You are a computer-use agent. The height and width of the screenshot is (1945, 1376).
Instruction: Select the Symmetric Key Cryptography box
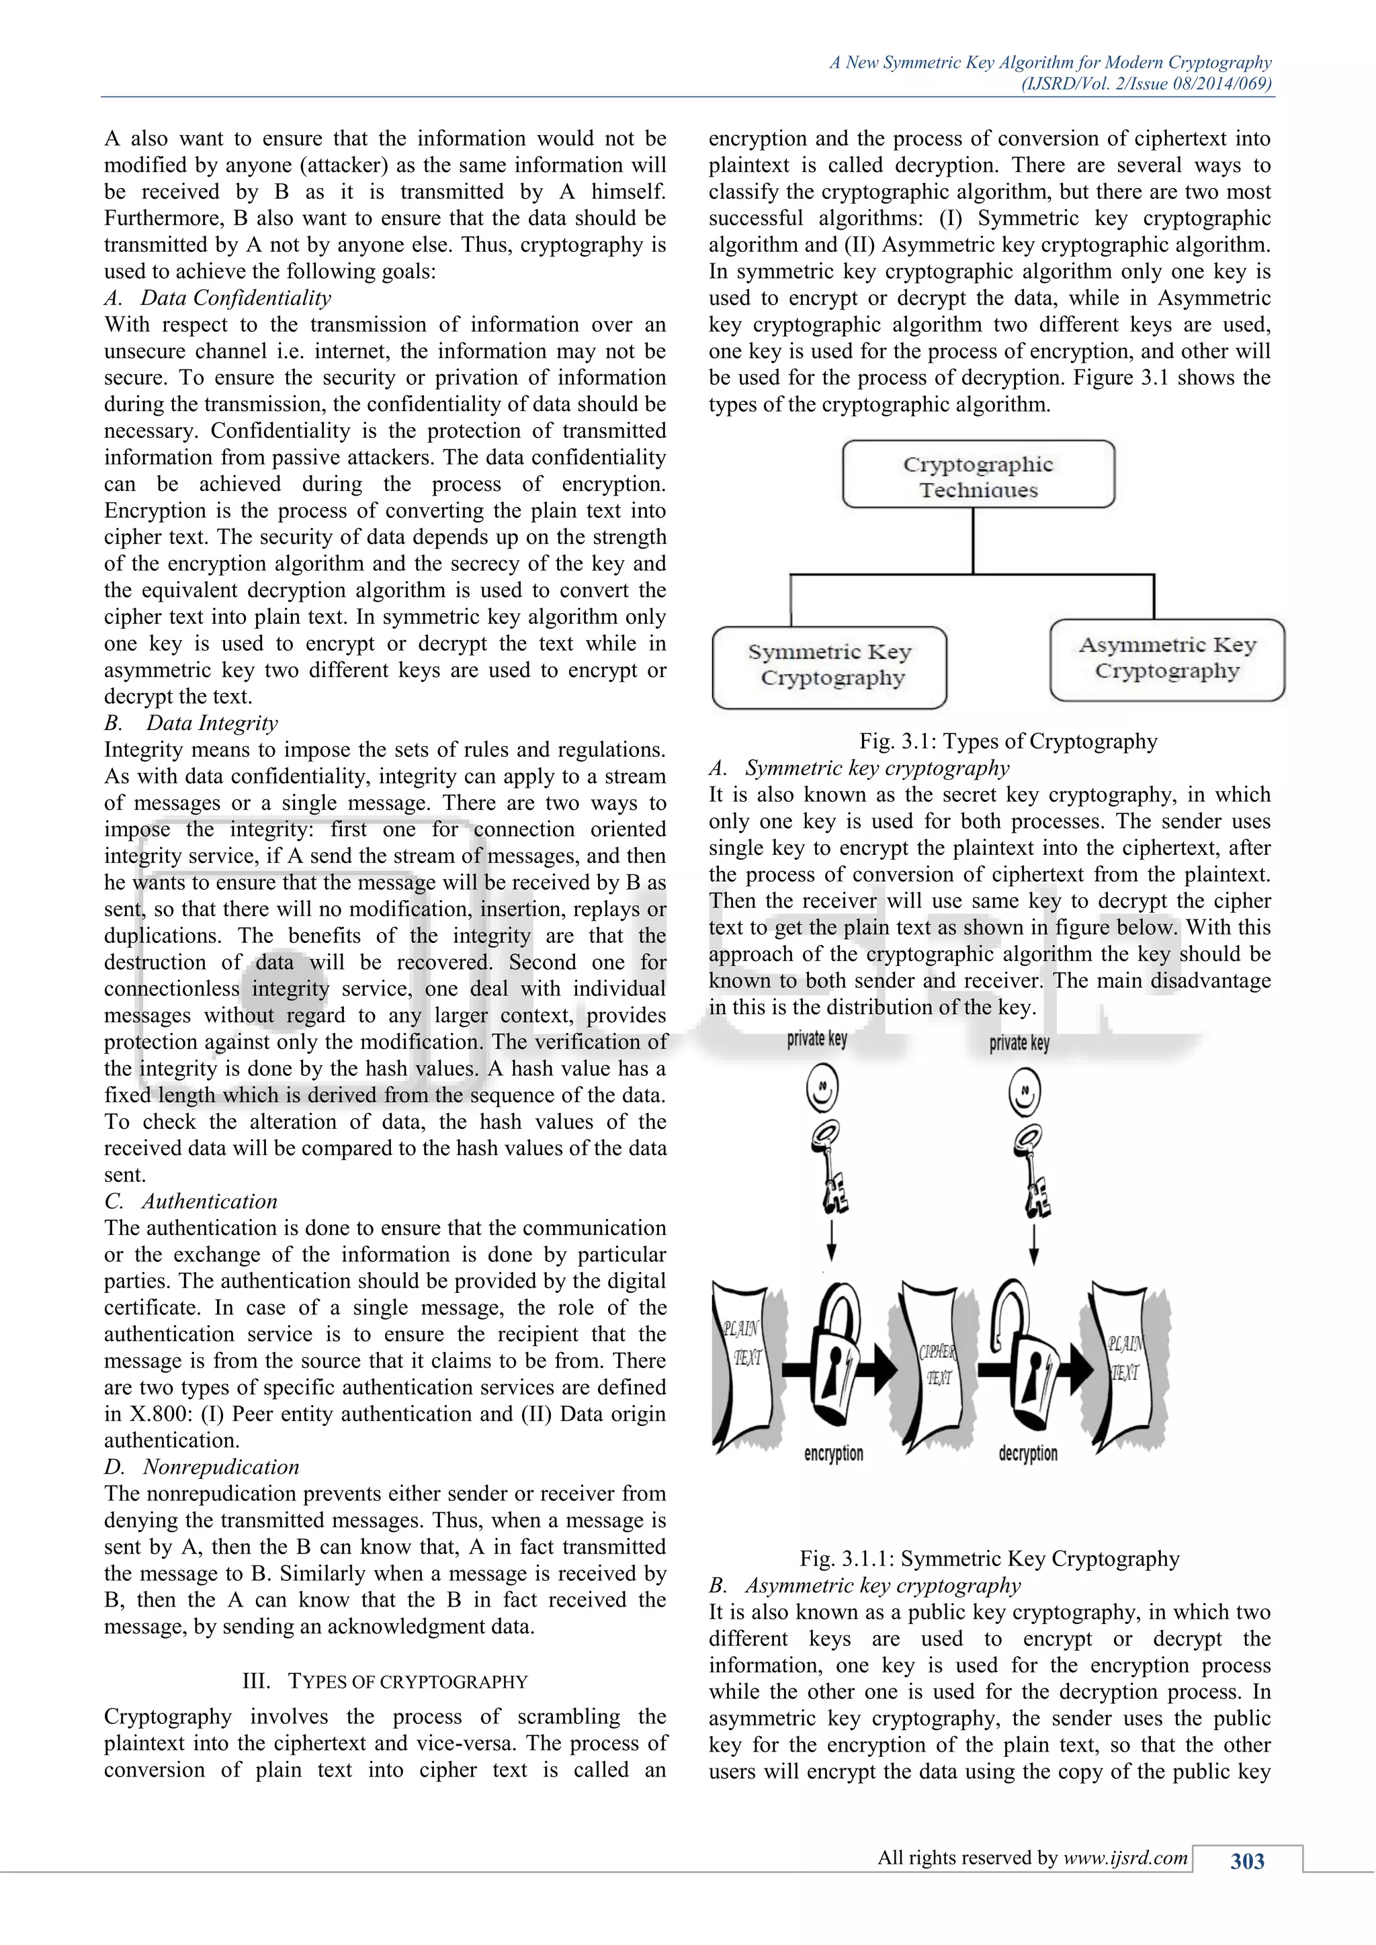coord(830,667)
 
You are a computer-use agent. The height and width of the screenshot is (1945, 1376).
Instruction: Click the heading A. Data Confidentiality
coord(218,298)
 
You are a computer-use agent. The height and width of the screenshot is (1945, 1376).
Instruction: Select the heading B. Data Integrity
coord(191,723)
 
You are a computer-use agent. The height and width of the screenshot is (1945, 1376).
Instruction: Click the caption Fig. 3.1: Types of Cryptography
coord(1007,741)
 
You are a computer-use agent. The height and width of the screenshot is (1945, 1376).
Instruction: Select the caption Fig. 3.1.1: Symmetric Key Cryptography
coord(989,1559)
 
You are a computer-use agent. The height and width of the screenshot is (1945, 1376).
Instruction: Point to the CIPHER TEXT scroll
coord(935,1365)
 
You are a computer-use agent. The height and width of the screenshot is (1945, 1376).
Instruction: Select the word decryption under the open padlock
coord(1028,1453)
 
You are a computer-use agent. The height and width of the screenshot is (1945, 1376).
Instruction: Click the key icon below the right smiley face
coord(1031,1170)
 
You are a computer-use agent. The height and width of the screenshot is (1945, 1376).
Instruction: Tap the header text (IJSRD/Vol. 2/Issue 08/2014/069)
coord(1146,84)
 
